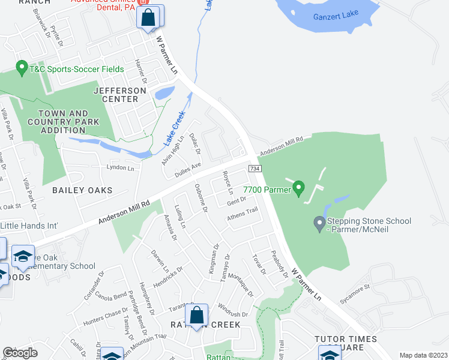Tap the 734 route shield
tap(255, 169)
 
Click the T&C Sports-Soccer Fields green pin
tap(22, 69)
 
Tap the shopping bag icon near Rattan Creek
tap(196, 315)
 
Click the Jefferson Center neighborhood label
tap(119, 94)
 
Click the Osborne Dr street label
tap(200, 197)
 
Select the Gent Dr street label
tap(237, 202)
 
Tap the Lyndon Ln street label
tap(120, 167)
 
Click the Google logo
tap(20, 353)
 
